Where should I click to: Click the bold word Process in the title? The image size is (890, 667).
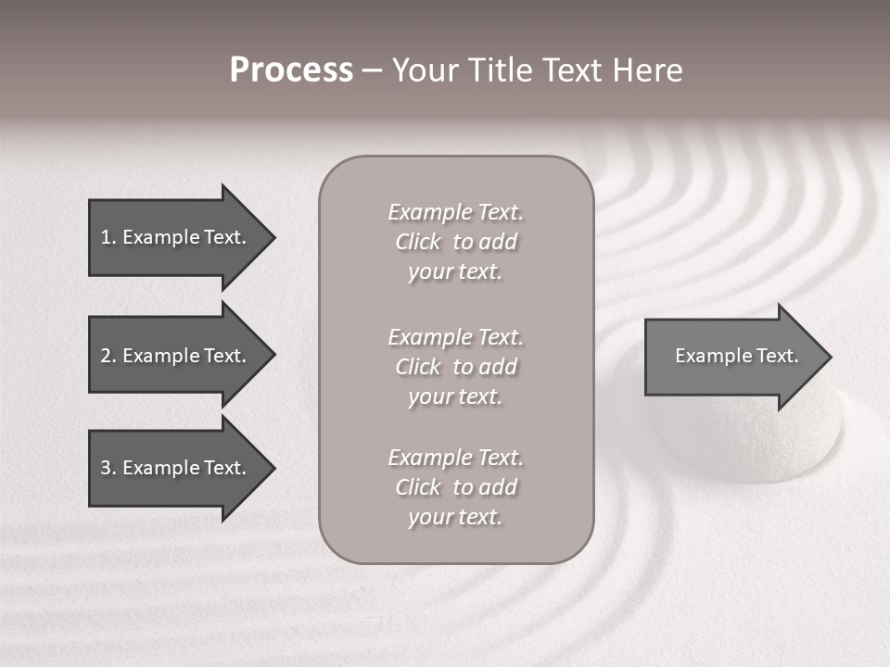point(291,70)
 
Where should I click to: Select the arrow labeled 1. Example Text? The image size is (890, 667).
point(176,237)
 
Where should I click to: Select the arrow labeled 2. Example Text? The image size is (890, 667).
point(176,356)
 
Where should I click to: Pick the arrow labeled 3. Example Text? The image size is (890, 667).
point(176,468)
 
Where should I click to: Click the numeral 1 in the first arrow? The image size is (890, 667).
point(106,237)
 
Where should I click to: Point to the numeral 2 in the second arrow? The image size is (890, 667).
point(106,356)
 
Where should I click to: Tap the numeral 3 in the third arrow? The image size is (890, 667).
point(106,468)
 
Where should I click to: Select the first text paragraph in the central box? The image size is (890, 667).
point(455,242)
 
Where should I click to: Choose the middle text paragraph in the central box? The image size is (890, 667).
point(455,367)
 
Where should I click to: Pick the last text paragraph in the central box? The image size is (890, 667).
point(455,487)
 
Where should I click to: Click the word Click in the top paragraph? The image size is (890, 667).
point(418,242)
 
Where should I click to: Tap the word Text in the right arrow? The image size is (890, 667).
point(778,356)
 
